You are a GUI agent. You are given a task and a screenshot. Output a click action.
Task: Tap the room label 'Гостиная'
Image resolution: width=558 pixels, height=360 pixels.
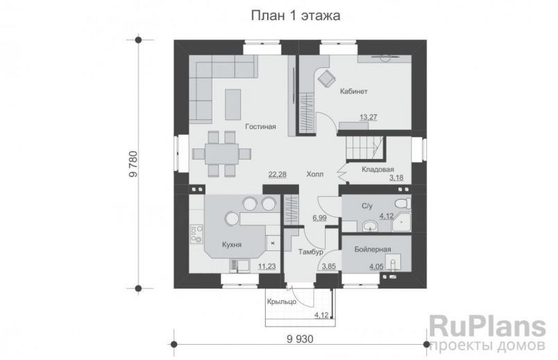[x=260, y=126]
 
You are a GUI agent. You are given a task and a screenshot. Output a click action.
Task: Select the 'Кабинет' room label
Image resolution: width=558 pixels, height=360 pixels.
[x=353, y=91]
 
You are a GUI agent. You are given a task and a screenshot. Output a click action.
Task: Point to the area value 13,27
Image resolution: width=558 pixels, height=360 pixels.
[x=369, y=117]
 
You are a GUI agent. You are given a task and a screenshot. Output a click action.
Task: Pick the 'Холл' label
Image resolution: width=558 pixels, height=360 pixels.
[x=315, y=175]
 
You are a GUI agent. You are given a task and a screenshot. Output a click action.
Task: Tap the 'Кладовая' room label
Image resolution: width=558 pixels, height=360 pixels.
[x=378, y=169]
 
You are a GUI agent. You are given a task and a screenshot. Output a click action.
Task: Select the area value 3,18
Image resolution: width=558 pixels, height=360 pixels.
[x=396, y=178]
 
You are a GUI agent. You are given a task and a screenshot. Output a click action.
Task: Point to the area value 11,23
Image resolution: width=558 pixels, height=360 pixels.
[x=267, y=265]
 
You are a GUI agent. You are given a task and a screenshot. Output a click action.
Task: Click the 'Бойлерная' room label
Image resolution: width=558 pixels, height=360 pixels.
[x=372, y=248]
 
